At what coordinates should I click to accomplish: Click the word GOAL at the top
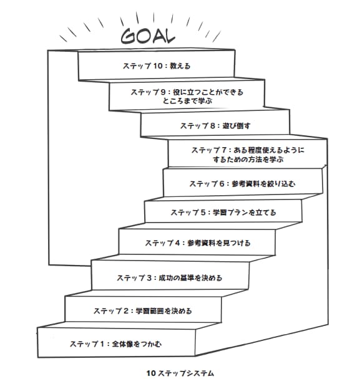point(148,36)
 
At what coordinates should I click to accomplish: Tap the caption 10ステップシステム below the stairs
point(180,373)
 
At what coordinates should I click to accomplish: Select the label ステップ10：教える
point(157,66)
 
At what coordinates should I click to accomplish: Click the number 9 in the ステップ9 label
point(162,92)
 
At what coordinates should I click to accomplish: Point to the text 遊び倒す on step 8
point(236,126)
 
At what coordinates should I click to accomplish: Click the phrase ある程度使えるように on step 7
point(269,150)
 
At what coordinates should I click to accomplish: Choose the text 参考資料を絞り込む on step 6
point(263,184)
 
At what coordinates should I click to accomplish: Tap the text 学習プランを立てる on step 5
point(245,213)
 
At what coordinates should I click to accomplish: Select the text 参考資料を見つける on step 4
point(219,243)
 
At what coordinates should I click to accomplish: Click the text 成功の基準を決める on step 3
point(190,278)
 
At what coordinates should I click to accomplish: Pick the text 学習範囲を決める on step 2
point(163,311)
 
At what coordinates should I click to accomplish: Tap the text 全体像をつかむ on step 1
point(137,344)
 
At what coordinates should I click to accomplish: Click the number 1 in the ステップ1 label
point(102,344)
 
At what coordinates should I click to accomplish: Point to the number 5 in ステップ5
point(203,213)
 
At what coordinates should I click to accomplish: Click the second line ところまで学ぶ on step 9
point(187,101)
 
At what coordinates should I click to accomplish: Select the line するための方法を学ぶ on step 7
point(248,159)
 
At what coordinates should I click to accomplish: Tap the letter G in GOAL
point(129,37)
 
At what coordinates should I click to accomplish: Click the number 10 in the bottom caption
point(151,373)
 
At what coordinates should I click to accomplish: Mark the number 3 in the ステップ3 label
point(149,278)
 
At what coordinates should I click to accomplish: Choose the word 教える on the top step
point(180,66)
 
